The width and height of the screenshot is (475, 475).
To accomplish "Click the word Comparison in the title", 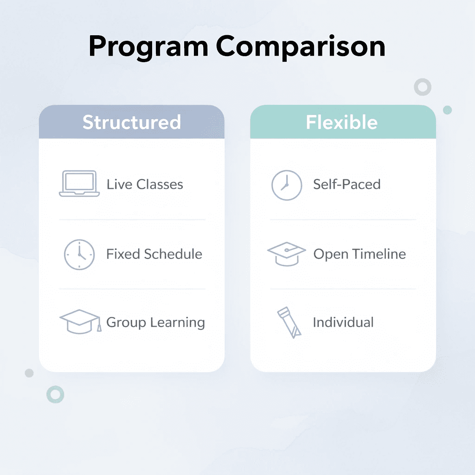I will [300, 47].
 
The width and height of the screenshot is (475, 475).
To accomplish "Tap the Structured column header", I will [132, 122].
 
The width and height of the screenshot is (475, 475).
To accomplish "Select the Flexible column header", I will [342, 122].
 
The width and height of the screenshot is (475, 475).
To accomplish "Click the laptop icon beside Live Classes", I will [79, 184].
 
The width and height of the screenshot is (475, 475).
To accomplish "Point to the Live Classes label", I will [145, 184].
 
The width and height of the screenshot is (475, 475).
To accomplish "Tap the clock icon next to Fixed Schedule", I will [79, 254].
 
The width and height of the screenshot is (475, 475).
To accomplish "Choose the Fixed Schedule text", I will [154, 254].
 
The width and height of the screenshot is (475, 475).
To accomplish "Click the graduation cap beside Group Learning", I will [80, 321].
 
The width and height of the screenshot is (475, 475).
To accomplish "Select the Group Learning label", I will [155, 322].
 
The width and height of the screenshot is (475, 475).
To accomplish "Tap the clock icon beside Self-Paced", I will [286, 185].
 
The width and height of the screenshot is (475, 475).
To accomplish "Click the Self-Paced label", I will [347, 184].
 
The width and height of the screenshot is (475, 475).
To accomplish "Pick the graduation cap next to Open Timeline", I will [286, 254].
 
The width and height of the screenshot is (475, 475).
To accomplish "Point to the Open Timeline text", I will [359, 254].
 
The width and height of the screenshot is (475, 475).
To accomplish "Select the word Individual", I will [343, 322].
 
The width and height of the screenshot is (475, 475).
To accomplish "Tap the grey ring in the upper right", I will [423, 87].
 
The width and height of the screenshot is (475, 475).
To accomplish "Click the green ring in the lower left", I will [55, 394].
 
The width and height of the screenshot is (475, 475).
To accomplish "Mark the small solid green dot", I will [447, 110].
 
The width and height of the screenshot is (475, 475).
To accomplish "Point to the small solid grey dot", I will [29, 373].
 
